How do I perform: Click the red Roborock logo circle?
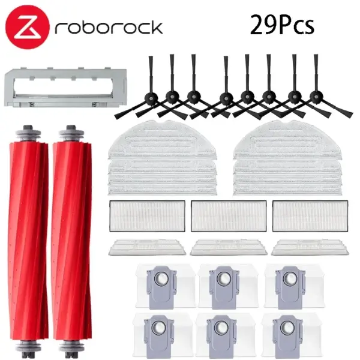pos(28,28)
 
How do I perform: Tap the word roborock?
pos(109,28)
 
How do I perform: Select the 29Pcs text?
pos(282,25)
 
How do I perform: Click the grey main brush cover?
pos(65,88)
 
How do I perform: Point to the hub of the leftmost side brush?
pos(152,98)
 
